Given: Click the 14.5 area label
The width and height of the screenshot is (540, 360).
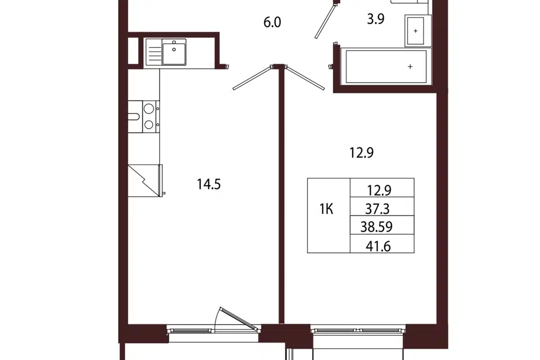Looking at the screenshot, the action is (209, 184).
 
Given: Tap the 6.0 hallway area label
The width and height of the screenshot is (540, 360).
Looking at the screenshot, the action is (272, 22).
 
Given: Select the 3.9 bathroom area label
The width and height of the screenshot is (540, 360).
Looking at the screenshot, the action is (375, 19).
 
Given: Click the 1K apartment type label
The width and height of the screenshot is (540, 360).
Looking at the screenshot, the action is (326, 209).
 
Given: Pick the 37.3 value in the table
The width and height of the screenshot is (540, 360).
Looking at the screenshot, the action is (377, 209).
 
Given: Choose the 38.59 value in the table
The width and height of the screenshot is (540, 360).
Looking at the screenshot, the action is (376, 227).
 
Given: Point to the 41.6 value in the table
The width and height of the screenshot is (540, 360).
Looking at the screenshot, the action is (378, 246).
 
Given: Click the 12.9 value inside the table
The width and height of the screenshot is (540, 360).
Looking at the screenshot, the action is (379, 190).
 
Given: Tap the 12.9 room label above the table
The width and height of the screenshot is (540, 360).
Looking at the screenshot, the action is (362, 152).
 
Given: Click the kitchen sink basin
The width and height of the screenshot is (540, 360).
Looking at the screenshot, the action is (174, 52).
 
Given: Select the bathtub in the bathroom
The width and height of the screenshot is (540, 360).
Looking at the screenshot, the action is (386, 66).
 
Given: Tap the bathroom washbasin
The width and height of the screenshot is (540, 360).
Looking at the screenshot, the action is (415, 31).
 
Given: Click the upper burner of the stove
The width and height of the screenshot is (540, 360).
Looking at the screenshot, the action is (148, 109).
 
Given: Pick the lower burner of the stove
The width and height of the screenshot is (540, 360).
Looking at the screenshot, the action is (148, 124).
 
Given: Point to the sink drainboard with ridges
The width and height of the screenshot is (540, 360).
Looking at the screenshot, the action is (154, 52).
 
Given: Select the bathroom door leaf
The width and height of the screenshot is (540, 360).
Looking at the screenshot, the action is (325, 21).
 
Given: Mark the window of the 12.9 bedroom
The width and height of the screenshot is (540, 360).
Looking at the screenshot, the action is (358, 330).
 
